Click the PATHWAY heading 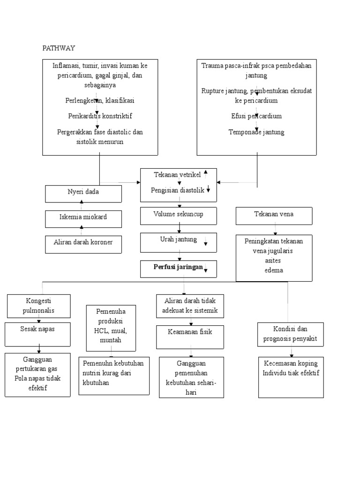click(59, 48)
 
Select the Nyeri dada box click(83, 194)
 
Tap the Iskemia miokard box click(83, 218)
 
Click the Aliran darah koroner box click(83, 244)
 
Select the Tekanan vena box click(274, 216)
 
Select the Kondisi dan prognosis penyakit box click(291, 334)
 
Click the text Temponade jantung click(256, 132)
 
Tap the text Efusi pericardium click(256, 116)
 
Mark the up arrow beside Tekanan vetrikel click(206, 173)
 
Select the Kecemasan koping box click(291, 377)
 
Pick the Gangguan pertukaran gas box click(37, 375)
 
